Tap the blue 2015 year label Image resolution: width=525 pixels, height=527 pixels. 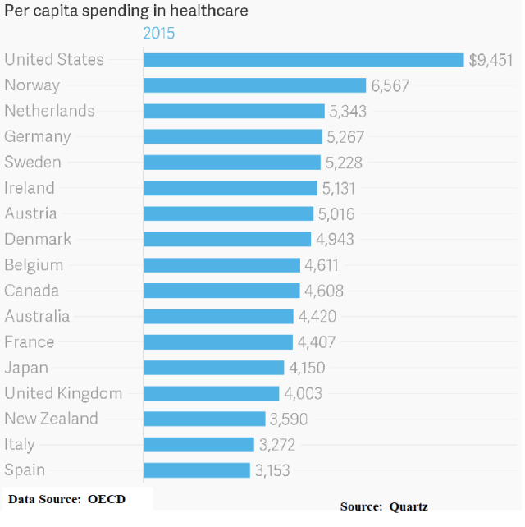point(159,34)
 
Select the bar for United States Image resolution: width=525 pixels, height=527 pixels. point(304,60)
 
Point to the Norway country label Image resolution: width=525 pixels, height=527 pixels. point(32,85)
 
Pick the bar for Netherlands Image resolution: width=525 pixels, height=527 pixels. point(234,111)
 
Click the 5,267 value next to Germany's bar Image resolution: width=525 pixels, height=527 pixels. point(345,137)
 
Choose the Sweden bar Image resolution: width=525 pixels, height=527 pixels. point(232,163)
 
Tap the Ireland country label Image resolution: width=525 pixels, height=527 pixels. point(30,188)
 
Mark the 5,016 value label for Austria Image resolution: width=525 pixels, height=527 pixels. point(337,214)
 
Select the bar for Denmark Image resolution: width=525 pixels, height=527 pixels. point(227,240)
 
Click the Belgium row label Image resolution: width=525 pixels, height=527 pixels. point(34,265)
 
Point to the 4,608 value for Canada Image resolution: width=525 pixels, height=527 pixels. point(323,291)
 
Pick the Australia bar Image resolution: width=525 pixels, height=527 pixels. point(218,316)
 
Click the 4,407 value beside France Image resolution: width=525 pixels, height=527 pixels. point(316,342)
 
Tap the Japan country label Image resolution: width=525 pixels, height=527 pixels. point(26,368)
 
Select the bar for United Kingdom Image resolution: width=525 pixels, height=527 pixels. point(212,393)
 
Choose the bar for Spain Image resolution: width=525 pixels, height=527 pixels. point(197,470)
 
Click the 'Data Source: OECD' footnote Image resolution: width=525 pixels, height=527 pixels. point(67,499)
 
